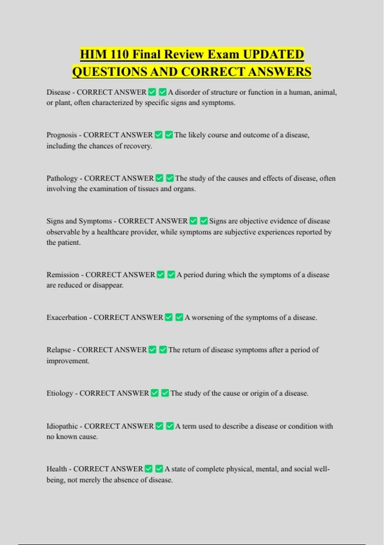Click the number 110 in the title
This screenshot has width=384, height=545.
pyautogui.click(x=120, y=54)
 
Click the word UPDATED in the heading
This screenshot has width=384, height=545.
pyautogui.click(x=273, y=54)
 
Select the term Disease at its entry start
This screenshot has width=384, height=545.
pyautogui.click(x=58, y=92)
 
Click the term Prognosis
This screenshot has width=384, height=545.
pyautogui.click(x=62, y=135)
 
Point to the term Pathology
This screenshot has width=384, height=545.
pyautogui.click(x=62, y=178)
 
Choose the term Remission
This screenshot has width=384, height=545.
pyautogui.click(x=63, y=275)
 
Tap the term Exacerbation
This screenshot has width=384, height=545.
pyautogui.click(x=67, y=317)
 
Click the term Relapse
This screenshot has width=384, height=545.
pyautogui.click(x=59, y=350)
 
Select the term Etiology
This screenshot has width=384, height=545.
pyautogui.click(x=60, y=393)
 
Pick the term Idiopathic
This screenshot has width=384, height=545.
pyautogui.click(x=62, y=426)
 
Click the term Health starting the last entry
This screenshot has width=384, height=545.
pyautogui.click(x=57, y=469)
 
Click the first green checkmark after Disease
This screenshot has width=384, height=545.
pyautogui.click(x=152, y=92)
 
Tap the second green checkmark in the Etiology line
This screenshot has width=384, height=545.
pyautogui.click(x=165, y=393)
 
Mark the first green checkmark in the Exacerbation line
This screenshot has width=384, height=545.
pyautogui.click(x=169, y=317)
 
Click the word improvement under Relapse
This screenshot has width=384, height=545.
pyautogui.click(x=68, y=361)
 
